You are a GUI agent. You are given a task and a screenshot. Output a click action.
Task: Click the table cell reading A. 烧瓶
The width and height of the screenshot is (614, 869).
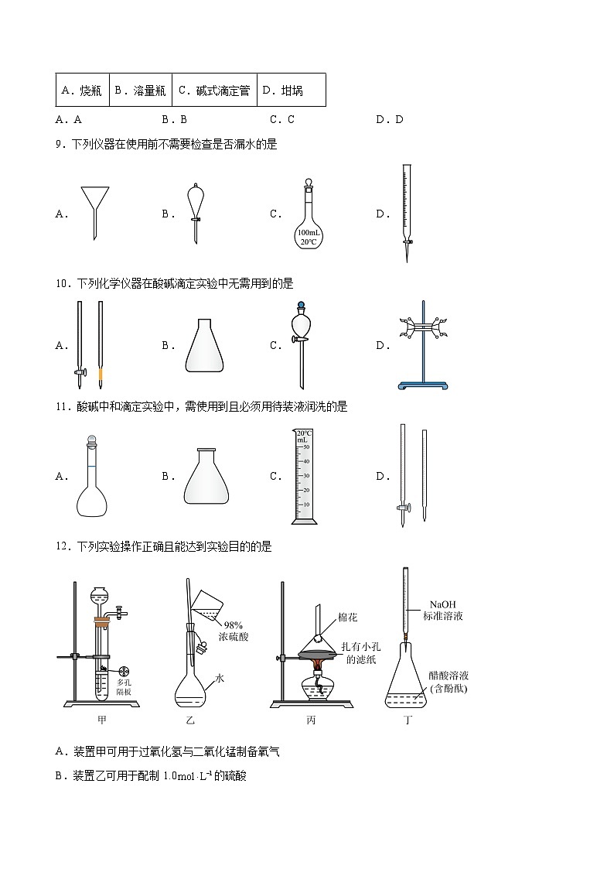coord(82,91)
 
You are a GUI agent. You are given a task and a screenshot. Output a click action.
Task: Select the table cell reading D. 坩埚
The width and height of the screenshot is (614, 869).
coord(283,91)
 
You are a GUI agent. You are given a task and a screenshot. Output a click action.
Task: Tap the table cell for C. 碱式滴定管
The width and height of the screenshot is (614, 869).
coord(214,91)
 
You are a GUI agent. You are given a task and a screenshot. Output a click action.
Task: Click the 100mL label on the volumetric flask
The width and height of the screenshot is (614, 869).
coord(309,232)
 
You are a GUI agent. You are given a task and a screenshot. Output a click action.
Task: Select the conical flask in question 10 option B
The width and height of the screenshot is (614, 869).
coord(205,346)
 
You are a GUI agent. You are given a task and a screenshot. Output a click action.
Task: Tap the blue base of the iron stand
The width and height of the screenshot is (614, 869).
coord(422,385)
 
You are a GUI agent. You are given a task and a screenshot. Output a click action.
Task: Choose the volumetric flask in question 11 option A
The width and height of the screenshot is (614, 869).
coord(94,477)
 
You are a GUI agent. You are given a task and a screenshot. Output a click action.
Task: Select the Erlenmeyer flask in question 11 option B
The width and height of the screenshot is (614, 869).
coord(206,477)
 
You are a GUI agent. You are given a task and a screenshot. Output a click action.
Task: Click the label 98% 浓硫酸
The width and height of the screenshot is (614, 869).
coord(236,631)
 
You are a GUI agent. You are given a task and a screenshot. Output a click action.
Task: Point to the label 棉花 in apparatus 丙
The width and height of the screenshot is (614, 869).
coord(348,618)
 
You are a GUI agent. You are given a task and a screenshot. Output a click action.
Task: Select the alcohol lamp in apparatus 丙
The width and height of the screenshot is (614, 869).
coord(316,685)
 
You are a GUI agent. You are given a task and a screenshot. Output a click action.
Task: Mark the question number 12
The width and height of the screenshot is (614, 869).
coord(63,547)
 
